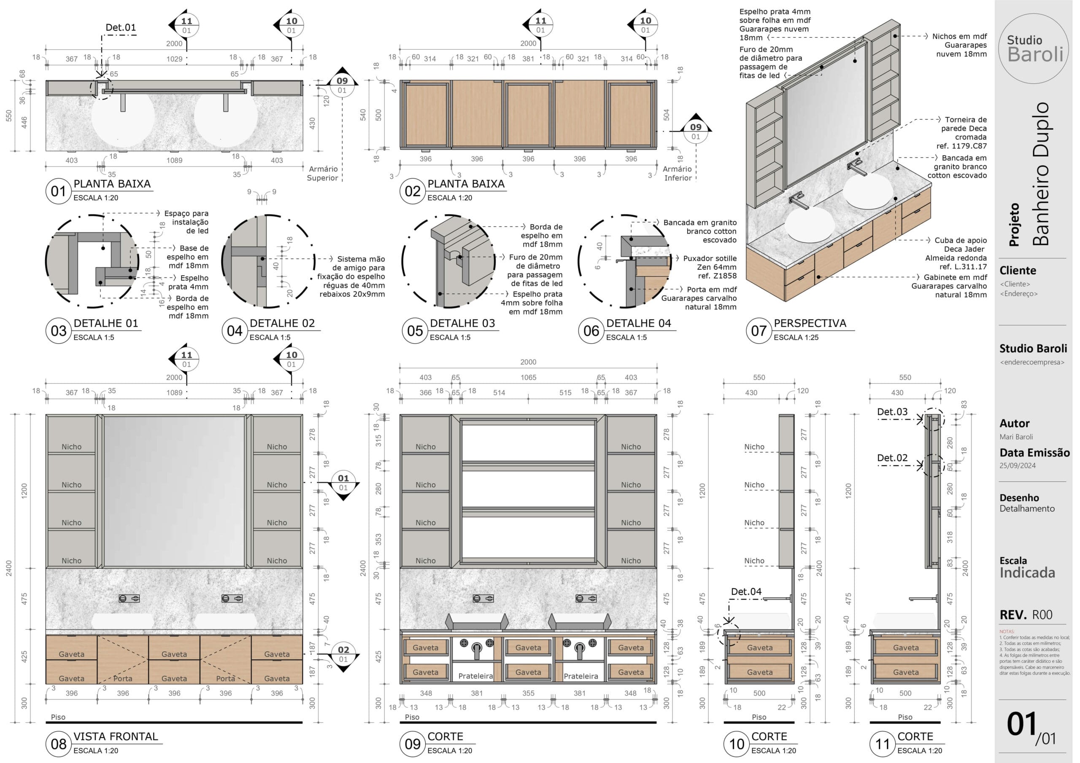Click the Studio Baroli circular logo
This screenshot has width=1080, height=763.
[1034, 48]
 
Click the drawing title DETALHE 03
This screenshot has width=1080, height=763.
[462, 323]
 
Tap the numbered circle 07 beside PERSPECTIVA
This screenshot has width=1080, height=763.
[758, 330]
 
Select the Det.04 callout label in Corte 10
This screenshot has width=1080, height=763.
[746, 592]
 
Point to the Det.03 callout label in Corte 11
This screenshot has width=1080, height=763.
[892, 412]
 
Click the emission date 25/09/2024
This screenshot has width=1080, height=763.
[1018, 465]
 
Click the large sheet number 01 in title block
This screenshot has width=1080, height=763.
[1022, 724]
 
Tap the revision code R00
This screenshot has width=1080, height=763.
[1042, 615]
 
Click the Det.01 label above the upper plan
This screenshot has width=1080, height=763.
[121, 27]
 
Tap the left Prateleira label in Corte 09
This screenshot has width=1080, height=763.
[475, 676]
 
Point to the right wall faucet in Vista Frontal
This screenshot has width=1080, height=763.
[232, 599]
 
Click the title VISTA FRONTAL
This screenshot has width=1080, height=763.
[116, 737]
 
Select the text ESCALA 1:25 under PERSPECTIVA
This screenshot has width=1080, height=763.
[796, 338]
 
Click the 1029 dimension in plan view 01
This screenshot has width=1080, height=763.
[175, 59]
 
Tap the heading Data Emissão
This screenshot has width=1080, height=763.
[1034, 453]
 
